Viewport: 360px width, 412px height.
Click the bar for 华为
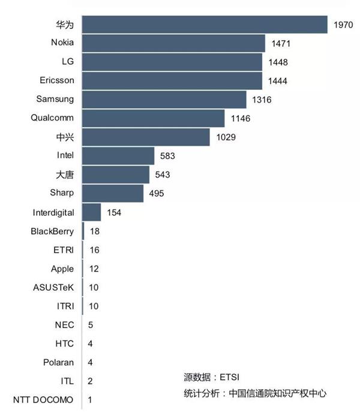click(x=204, y=25)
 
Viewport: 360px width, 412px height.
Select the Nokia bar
click(x=173, y=43)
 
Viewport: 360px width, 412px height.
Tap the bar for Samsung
click(x=164, y=100)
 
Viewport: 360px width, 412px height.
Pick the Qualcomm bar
click(x=153, y=118)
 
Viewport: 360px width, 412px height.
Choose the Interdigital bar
click(x=91, y=212)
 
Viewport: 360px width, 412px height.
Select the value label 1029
click(x=226, y=137)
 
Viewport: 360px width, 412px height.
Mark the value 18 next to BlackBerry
click(x=94, y=231)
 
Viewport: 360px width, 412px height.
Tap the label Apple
click(x=62, y=269)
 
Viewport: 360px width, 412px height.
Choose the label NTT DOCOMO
click(x=43, y=400)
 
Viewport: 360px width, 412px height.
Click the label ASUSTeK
click(x=53, y=287)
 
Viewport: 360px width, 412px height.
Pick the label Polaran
click(x=59, y=362)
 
